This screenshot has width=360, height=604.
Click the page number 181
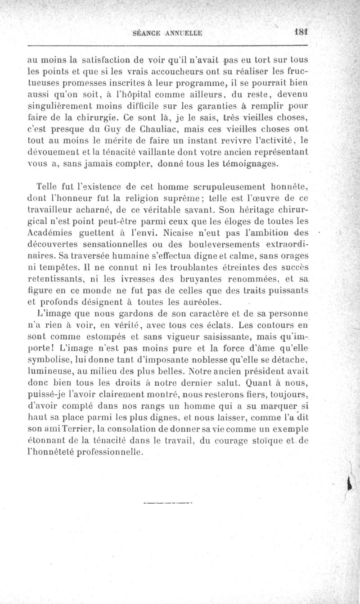click(299, 32)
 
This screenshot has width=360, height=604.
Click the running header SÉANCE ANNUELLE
click(168, 33)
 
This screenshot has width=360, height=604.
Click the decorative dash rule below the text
click(167, 502)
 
